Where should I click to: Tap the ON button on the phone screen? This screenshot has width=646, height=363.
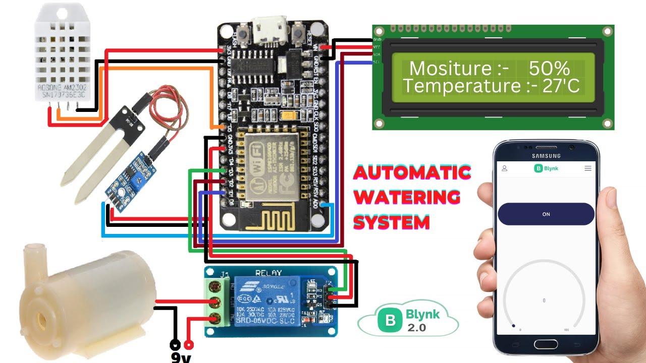546,214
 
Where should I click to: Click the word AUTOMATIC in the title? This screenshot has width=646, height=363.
412,173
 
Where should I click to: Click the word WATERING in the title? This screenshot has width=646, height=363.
407,197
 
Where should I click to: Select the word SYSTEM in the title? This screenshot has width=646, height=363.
391,221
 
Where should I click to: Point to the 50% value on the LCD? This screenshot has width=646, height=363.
549,69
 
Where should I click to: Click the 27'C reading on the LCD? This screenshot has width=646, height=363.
561,86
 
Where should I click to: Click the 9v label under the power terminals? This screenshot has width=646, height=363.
181,357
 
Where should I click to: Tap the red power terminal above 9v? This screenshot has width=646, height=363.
189,345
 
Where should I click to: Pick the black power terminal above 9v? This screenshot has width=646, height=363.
175,345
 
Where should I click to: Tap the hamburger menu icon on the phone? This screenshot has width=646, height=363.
588,168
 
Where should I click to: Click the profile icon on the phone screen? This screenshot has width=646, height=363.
504,168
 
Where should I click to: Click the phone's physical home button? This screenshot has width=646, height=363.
547,345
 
